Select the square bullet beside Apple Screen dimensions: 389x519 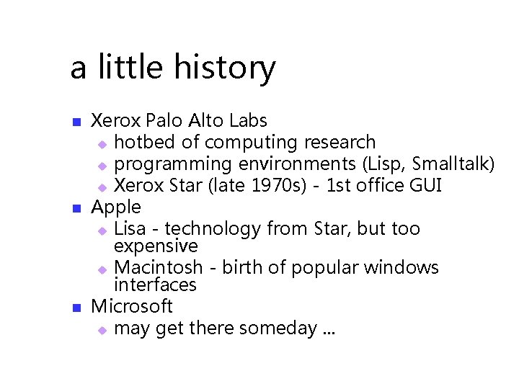[x=76, y=208]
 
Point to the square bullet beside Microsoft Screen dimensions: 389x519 [x=76, y=308]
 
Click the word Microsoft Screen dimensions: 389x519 [x=132, y=306]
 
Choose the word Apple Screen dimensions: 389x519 [x=116, y=207]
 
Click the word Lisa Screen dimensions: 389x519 [x=130, y=229]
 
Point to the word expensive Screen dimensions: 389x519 [x=156, y=247]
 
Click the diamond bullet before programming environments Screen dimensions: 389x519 [x=102, y=165]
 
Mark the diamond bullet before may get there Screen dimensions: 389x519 [x=102, y=330]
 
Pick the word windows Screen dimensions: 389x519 [x=401, y=267]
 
